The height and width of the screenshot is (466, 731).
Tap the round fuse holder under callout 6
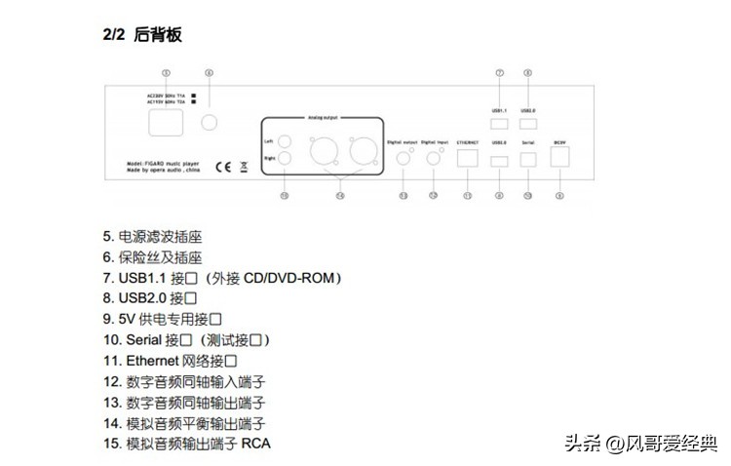pyautogui.click(x=208, y=122)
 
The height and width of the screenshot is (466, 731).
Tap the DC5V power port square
pyautogui.click(x=559, y=161)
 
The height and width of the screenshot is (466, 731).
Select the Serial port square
pyautogui.click(x=527, y=161)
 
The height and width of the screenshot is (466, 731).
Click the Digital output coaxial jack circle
pyautogui.click(x=404, y=159)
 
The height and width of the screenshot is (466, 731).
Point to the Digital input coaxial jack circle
pyautogui.click(x=435, y=159)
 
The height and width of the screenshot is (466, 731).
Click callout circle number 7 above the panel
pyautogui.click(x=499, y=73)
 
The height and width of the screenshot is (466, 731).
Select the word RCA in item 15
pyautogui.click(x=258, y=444)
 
